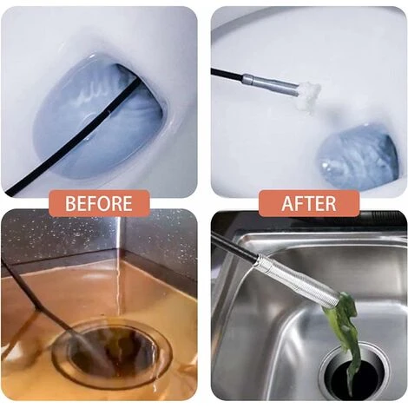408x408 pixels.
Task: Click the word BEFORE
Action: (x=99, y=203)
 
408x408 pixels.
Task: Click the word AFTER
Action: (x=309, y=203)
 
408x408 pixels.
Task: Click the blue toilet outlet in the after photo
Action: (x=358, y=158)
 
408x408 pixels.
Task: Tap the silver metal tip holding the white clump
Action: (x=270, y=83)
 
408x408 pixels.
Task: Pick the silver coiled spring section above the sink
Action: (x=298, y=279)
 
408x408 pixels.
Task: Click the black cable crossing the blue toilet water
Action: (x=72, y=136)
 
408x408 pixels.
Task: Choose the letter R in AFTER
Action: (x=331, y=203)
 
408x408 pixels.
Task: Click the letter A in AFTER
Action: (x=287, y=203)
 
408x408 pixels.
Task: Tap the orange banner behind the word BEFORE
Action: (x=99, y=203)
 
